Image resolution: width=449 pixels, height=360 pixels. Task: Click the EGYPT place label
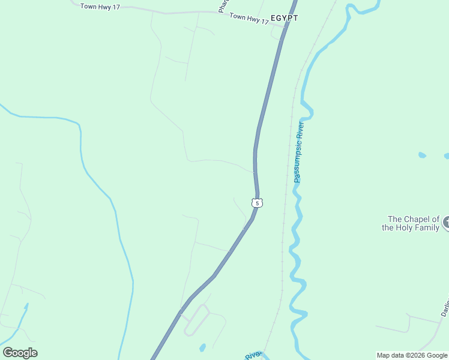click(x=284, y=18)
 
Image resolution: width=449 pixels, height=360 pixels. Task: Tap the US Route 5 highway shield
click(x=257, y=203)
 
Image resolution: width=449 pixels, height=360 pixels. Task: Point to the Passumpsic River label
click(x=300, y=152)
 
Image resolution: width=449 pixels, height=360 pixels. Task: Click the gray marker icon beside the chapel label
click(x=446, y=223)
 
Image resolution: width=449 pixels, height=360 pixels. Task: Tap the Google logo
click(x=20, y=353)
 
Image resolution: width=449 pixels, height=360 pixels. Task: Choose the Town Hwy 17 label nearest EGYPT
click(x=249, y=19)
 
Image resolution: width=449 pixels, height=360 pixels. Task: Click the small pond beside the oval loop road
click(x=202, y=347)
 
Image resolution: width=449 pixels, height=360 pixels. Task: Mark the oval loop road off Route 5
click(x=196, y=320)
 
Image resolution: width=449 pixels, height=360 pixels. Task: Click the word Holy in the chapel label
click(x=400, y=227)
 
